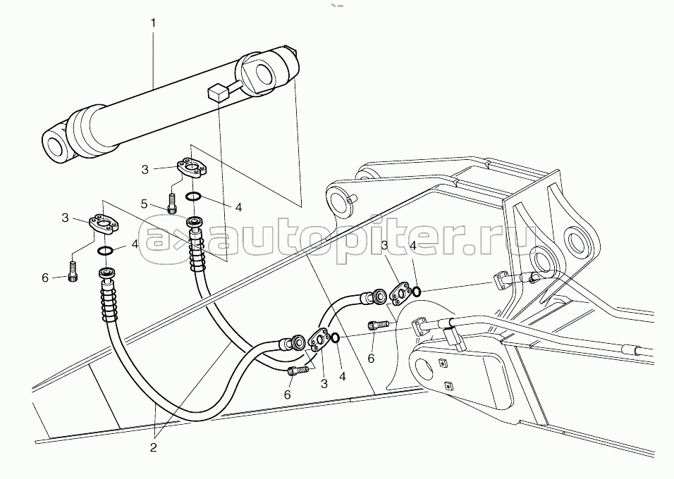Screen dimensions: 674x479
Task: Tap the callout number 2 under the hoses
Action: pyautogui.click(x=154, y=447)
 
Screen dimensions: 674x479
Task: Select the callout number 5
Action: pyautogui.click(x=145, y=204)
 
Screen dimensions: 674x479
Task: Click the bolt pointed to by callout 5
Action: pyautogui.click(x=172, y=202)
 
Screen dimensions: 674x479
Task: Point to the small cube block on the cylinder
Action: pyautogui.click(x=217, y=93)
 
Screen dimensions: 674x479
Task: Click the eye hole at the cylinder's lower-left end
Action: pyautogui.click(x=56, y=147)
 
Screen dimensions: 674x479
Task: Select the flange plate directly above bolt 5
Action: pyautogui.click(x=190, y=167)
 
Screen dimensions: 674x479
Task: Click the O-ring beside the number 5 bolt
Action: pyautogui.click(x=193, y=197)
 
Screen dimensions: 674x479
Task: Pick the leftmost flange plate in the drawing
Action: pyautogui.click(x=104, y=225)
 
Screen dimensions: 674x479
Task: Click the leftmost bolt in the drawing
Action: pyautogui.click(x=73, y=272)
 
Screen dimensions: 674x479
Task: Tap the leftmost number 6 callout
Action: pyautogui.click(x=45, y=278)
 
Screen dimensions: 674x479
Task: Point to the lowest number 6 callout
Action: pyautogui.click(x=287, y=394)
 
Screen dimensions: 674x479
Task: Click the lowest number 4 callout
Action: pyautogui.click(x=342, y=376)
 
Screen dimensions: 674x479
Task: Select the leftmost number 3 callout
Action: pyautogui.click(x=65, y=218)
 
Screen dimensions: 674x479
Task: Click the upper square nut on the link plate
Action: pyautogui.click(x=441, y=364)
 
